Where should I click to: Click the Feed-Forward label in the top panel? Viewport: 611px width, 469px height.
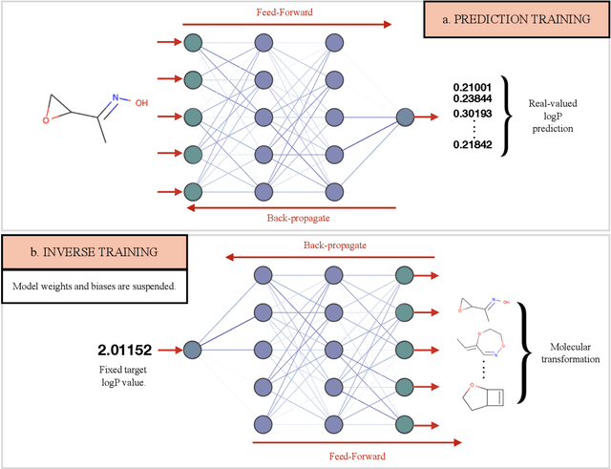click(x=271, y=11)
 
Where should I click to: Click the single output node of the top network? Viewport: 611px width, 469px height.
click(x=406, y=117)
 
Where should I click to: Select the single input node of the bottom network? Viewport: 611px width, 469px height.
click(x=191, y=350)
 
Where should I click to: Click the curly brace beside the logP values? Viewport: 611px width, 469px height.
click(x=511, y=115)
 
